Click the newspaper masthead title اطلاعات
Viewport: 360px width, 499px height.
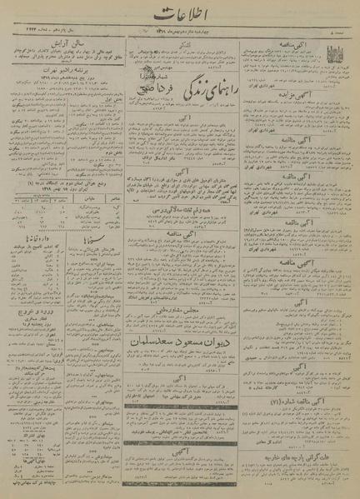click(180, 14)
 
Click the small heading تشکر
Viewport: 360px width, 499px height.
click(180, 39)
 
